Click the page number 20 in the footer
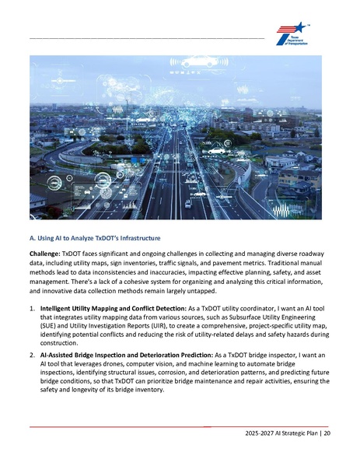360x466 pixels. [327, 433]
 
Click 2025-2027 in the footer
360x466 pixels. [259, 433]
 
